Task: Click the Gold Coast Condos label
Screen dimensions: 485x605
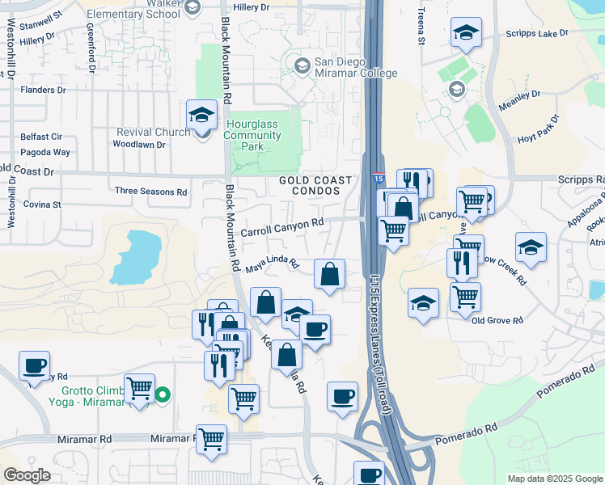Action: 316,185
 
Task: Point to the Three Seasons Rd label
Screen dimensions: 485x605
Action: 150,192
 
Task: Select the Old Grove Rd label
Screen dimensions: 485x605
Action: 495,320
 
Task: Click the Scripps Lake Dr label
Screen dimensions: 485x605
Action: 537,34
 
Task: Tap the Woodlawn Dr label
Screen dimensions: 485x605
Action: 139,145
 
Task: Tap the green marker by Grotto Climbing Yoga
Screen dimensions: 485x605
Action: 163,395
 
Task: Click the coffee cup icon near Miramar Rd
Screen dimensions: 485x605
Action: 342,396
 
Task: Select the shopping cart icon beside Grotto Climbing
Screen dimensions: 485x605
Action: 140,389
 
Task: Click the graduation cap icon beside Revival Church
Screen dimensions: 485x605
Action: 201,115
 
